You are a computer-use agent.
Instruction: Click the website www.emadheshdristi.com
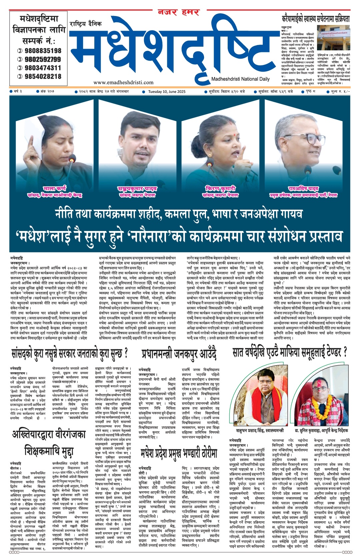tap(123, 82)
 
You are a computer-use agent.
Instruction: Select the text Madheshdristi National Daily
tap(240, 79)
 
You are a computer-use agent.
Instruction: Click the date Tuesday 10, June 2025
tap(167, 91)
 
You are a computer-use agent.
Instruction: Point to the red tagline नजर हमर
tap(178, 13)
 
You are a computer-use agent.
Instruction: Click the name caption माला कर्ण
tap(55, 188)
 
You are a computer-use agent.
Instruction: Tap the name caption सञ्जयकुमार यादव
tap(137, 188)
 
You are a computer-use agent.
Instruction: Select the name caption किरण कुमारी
tap(221, 188)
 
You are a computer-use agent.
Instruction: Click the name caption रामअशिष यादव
tap(303, 188)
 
